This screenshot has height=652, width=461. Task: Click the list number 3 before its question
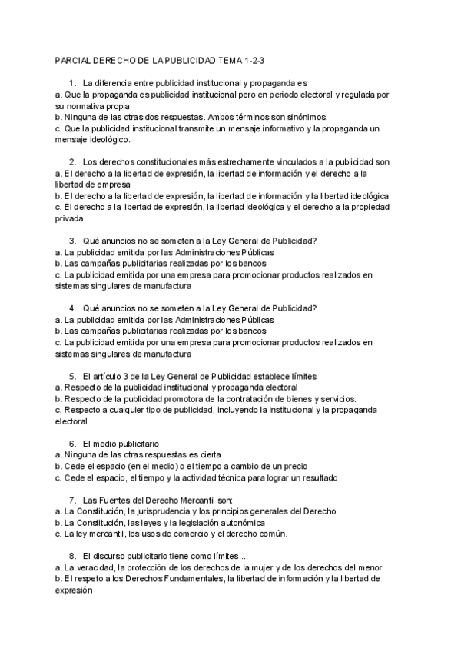click(x=72, y=241)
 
